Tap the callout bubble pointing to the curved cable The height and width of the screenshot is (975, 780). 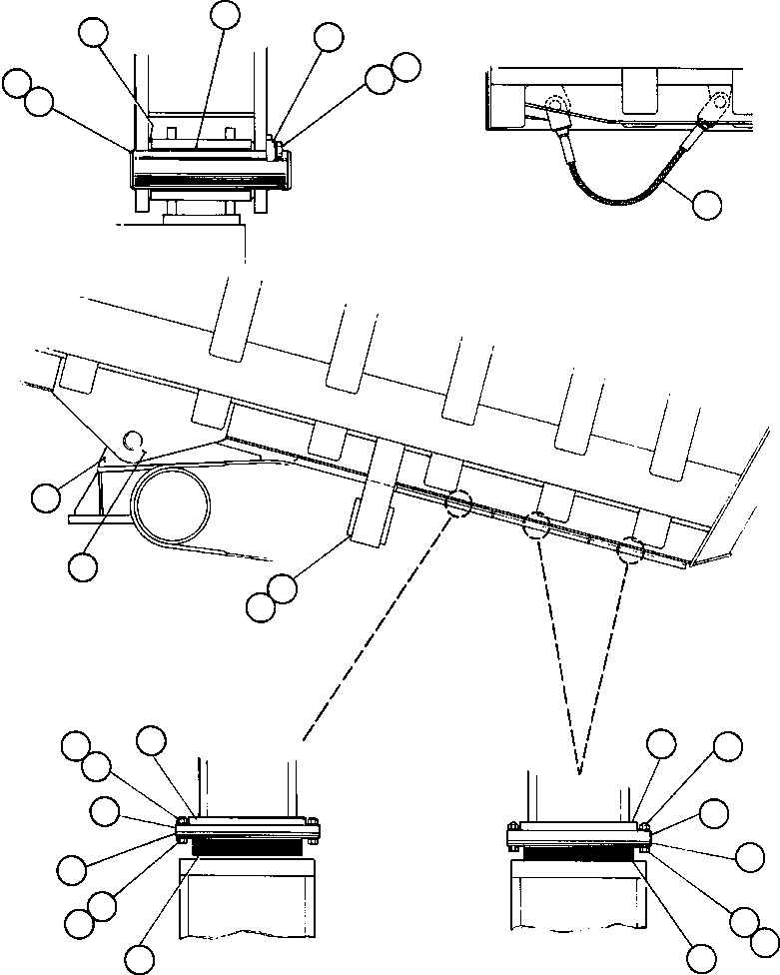707,204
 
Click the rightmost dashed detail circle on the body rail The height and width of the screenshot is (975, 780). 630,548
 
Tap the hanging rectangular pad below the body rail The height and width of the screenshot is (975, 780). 370,524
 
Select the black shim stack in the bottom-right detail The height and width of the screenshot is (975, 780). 579,854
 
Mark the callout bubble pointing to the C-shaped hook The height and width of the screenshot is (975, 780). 83,565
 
